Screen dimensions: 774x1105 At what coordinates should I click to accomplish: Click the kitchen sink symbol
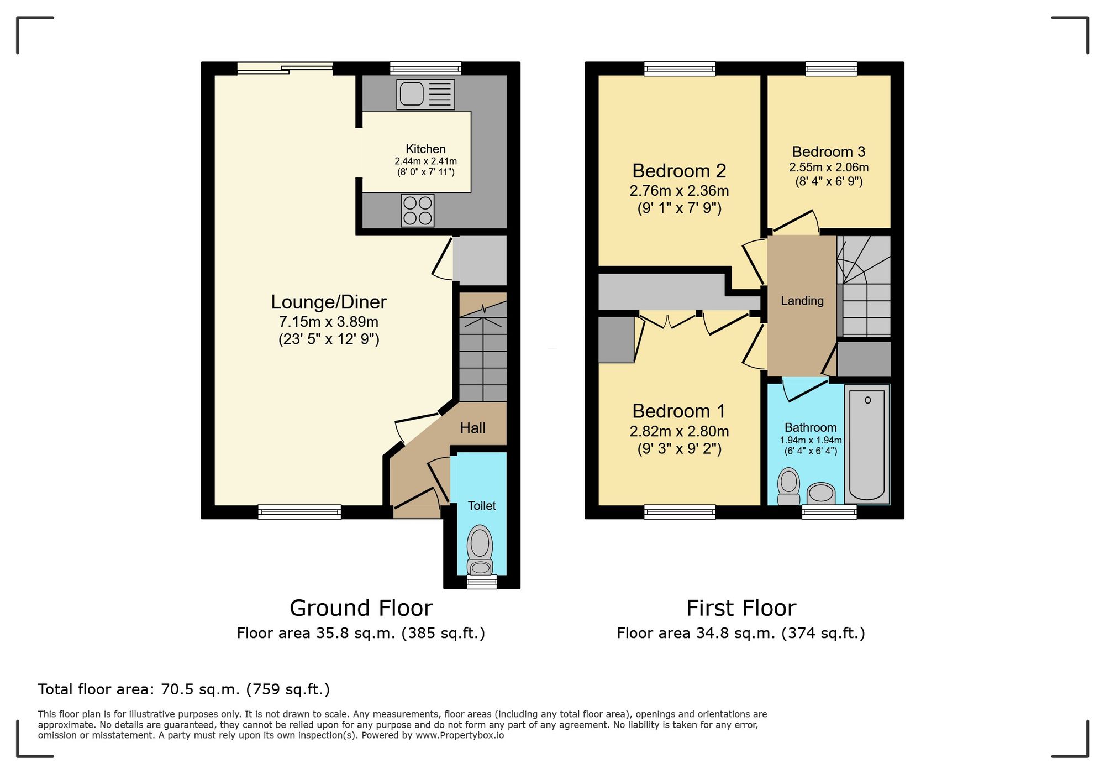point(425,94)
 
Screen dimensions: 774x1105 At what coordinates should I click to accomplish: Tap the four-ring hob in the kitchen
point(417,211)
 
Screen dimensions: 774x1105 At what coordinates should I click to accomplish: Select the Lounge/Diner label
point(328,302)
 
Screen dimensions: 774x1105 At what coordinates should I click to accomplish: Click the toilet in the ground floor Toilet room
point(480,550)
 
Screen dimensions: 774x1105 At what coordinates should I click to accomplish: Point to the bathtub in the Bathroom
point(867,444)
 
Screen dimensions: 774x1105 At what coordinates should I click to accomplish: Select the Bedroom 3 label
point(828,151)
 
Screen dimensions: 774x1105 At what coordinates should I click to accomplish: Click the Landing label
point(802,301)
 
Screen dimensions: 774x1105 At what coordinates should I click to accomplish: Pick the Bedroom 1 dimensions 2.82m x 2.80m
point(679,431)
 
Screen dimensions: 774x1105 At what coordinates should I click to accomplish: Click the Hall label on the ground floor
point(472,428)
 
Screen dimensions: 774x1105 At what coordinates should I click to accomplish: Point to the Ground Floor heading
point(361,608)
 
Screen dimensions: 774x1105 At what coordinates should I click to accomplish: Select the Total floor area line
point(183,689)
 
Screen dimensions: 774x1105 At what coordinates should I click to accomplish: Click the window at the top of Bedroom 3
point(831,69)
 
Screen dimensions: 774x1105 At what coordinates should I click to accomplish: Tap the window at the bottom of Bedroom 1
point(680,512)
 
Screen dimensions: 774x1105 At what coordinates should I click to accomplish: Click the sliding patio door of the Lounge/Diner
point(285,69)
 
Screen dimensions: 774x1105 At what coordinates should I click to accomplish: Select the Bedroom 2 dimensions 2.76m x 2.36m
point(679,191)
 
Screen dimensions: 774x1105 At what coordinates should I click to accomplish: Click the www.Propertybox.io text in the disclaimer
point(460,735)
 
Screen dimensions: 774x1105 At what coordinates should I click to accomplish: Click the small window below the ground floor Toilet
point(482,582)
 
